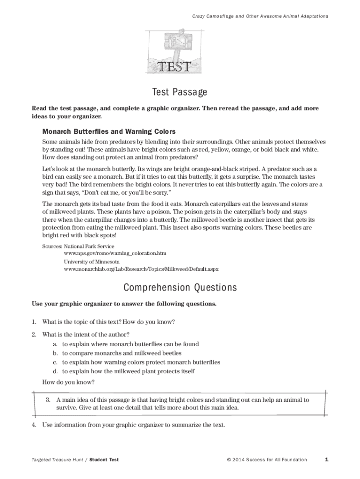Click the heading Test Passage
180,92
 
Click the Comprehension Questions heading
180,287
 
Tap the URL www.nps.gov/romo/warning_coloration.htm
115,253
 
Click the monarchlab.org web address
141,269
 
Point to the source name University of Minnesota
92,261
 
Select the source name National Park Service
89,246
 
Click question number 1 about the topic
108,322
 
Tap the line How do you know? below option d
68,382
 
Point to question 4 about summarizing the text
133,425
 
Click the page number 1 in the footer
326,459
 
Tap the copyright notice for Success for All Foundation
266,460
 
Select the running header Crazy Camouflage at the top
260,16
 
